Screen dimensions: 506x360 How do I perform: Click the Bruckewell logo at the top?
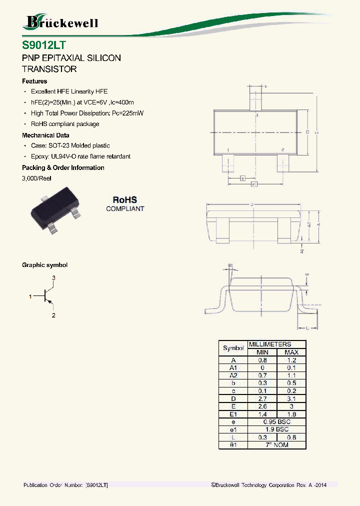tap(61, 22)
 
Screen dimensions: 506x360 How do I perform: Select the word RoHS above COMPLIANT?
tap(124, 199)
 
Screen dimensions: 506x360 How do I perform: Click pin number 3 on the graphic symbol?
tap(53, 277)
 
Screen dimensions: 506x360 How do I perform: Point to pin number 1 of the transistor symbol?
tap(30, 296)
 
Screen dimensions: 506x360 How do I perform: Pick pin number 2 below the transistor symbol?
tap(53, 315)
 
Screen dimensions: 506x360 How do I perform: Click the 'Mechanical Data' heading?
tap(45, 135)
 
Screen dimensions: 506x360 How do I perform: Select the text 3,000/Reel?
tap(36, 178)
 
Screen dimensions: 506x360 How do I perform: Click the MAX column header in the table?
tap(291, 352)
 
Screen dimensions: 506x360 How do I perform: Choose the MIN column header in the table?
tap(262, 352)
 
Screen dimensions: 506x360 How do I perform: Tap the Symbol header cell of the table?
tap(233, 348)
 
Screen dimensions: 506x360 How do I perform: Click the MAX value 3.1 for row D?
tap(291, 398)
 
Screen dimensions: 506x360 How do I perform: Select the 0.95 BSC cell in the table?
tap(276, 421)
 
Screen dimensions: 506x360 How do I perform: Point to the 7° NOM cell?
tap(276, 444)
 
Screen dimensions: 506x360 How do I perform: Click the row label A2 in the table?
tap(233, 375)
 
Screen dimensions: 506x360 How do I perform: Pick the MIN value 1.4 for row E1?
tap(262, 414)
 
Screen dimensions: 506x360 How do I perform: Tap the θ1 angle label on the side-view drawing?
tap(230, 265)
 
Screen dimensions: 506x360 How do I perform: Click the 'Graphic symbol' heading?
tap(44, 265)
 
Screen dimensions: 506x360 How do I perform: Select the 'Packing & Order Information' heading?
tap(63, 168)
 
